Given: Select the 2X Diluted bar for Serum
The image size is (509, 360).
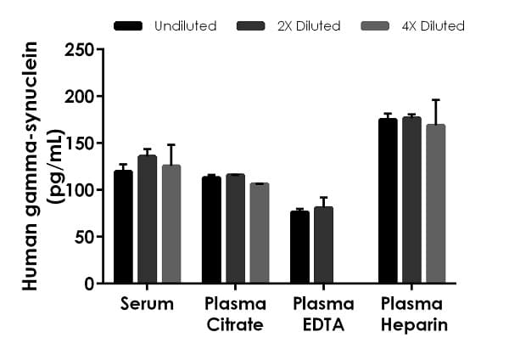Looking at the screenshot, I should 147,220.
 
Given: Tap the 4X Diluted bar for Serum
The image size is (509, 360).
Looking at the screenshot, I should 171,224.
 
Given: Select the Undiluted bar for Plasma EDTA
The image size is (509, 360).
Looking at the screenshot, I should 299,247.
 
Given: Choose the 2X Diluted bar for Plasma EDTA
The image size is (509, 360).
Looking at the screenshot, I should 323,245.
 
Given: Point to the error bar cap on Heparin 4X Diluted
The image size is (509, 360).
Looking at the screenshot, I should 435,99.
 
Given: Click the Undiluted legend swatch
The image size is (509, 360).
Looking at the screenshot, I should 128,26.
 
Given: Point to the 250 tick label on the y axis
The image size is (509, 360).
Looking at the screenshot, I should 78,50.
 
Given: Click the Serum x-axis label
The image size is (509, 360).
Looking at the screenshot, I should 148,304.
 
